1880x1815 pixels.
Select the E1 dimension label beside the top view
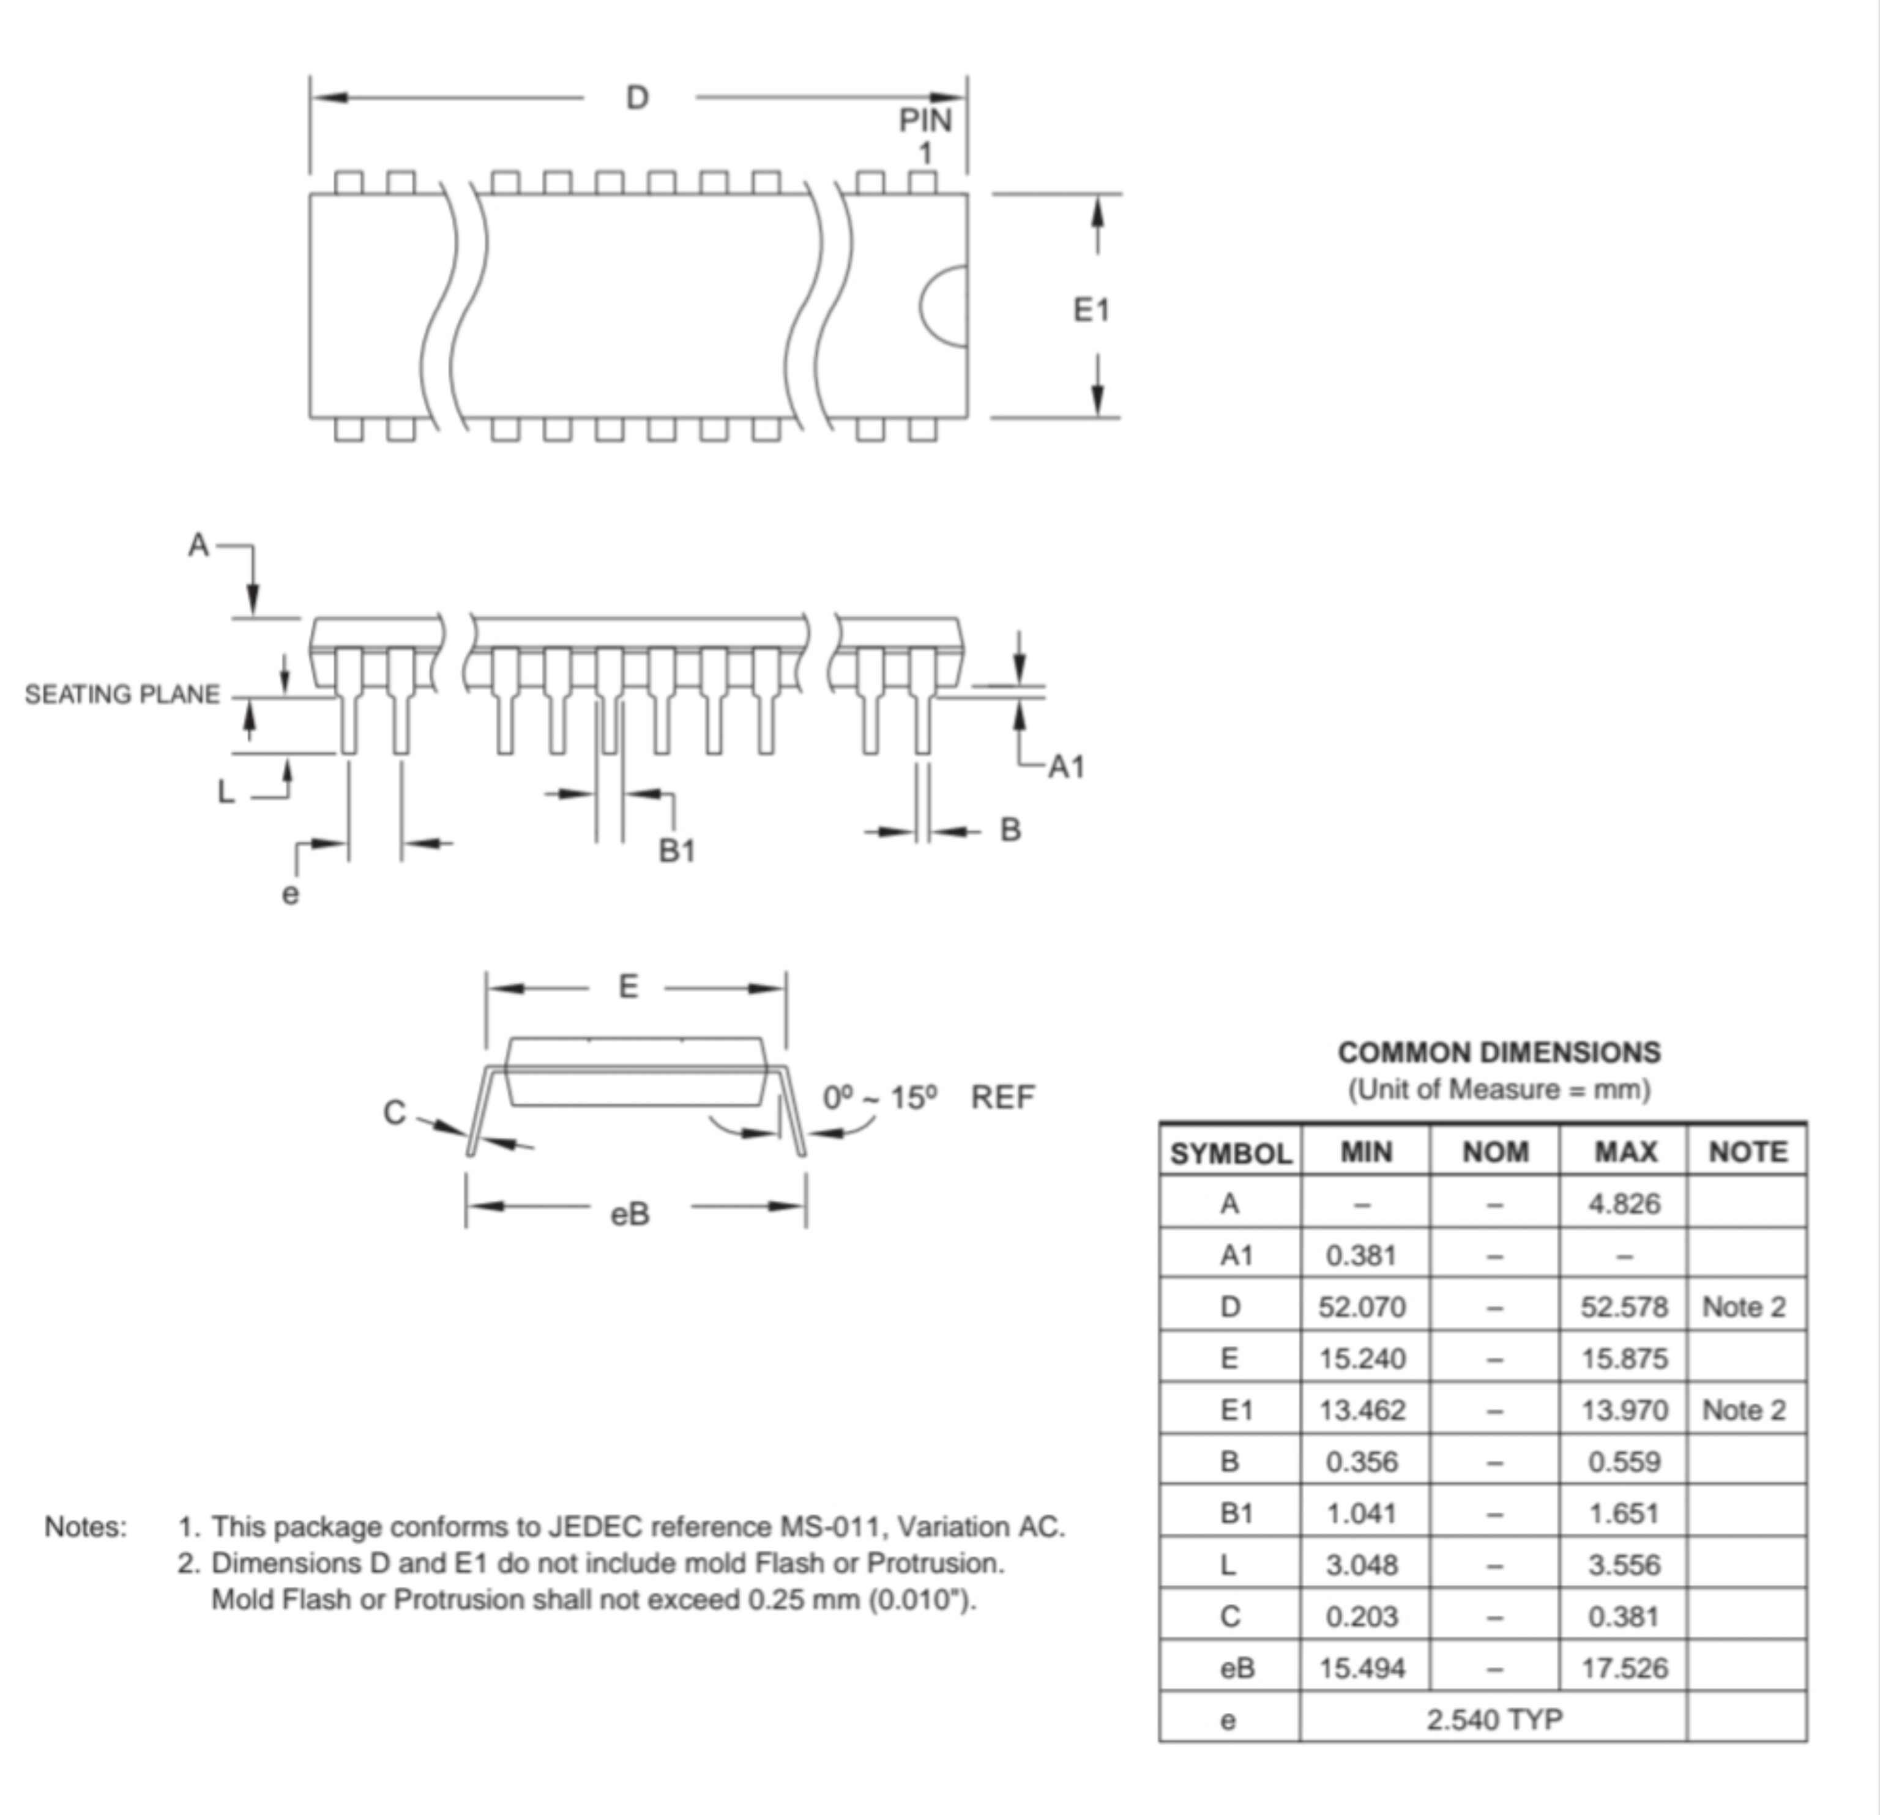(1091, 310)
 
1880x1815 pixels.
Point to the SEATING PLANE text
(122, 694)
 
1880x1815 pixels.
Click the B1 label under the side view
(677, 850)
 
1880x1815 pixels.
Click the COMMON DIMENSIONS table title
(1499, 1053)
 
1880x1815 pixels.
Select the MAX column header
(1625, 1151)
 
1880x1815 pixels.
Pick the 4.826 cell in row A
(1624, 1203)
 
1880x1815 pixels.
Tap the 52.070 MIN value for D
(1362, 1307)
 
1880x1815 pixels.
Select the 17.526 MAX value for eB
(1624, 1668)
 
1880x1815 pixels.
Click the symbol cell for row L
(1229, 1565)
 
